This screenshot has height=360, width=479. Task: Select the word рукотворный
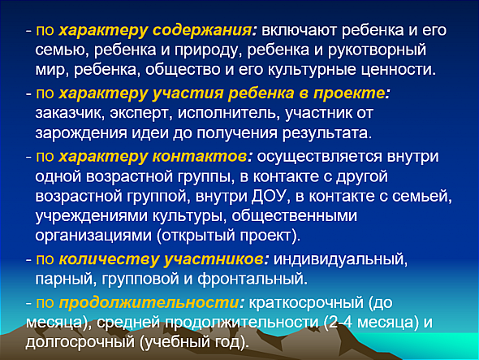[377, 50]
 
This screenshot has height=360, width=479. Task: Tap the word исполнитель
[229, 113]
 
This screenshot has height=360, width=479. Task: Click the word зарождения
[81, 133]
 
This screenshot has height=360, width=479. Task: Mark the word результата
[327, 133]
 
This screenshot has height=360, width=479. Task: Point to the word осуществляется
[319, 157]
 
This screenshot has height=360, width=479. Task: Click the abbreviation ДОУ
[270, 197]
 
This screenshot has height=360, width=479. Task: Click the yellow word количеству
[109, 259]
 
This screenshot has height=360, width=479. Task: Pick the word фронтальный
[252, 279]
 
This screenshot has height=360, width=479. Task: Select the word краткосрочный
[306, 303]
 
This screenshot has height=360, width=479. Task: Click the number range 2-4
[337, 323]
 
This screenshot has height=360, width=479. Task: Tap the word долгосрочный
[80, 342]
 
